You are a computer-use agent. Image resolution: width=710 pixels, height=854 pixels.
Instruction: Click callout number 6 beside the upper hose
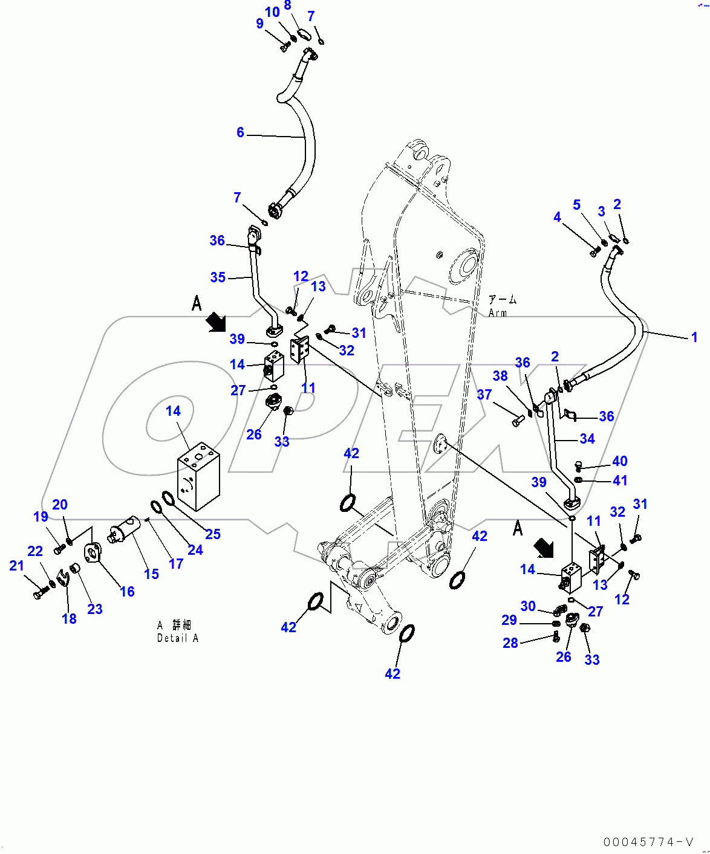240,132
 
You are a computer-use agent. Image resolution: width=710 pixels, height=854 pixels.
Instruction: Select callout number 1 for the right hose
694,337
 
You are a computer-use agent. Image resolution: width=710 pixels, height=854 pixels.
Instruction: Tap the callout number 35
218,277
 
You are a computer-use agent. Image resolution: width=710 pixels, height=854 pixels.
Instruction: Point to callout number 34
587,439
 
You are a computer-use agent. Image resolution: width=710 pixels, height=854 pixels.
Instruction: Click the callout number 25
213,534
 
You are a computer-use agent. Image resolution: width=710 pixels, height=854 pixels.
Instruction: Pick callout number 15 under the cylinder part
152,574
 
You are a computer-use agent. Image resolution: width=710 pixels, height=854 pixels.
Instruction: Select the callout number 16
127,592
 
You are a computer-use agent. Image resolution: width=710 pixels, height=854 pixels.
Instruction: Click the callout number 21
16,566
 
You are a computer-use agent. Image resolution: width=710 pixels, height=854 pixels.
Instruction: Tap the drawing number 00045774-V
648,842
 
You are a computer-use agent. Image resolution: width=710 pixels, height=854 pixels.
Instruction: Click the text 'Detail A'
178,638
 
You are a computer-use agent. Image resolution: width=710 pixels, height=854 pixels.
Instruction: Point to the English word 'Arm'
498,313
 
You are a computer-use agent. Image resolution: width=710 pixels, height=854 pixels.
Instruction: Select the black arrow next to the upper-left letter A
215,323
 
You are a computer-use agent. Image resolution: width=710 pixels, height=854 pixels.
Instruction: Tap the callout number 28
510,643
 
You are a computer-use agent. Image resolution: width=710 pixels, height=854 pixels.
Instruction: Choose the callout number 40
620,461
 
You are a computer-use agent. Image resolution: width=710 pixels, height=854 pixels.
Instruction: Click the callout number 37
484,395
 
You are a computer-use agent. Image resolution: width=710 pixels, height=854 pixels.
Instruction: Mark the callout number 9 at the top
259,24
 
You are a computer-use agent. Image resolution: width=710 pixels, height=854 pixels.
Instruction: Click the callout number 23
95,609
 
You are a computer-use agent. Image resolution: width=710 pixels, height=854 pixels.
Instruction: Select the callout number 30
528,606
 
